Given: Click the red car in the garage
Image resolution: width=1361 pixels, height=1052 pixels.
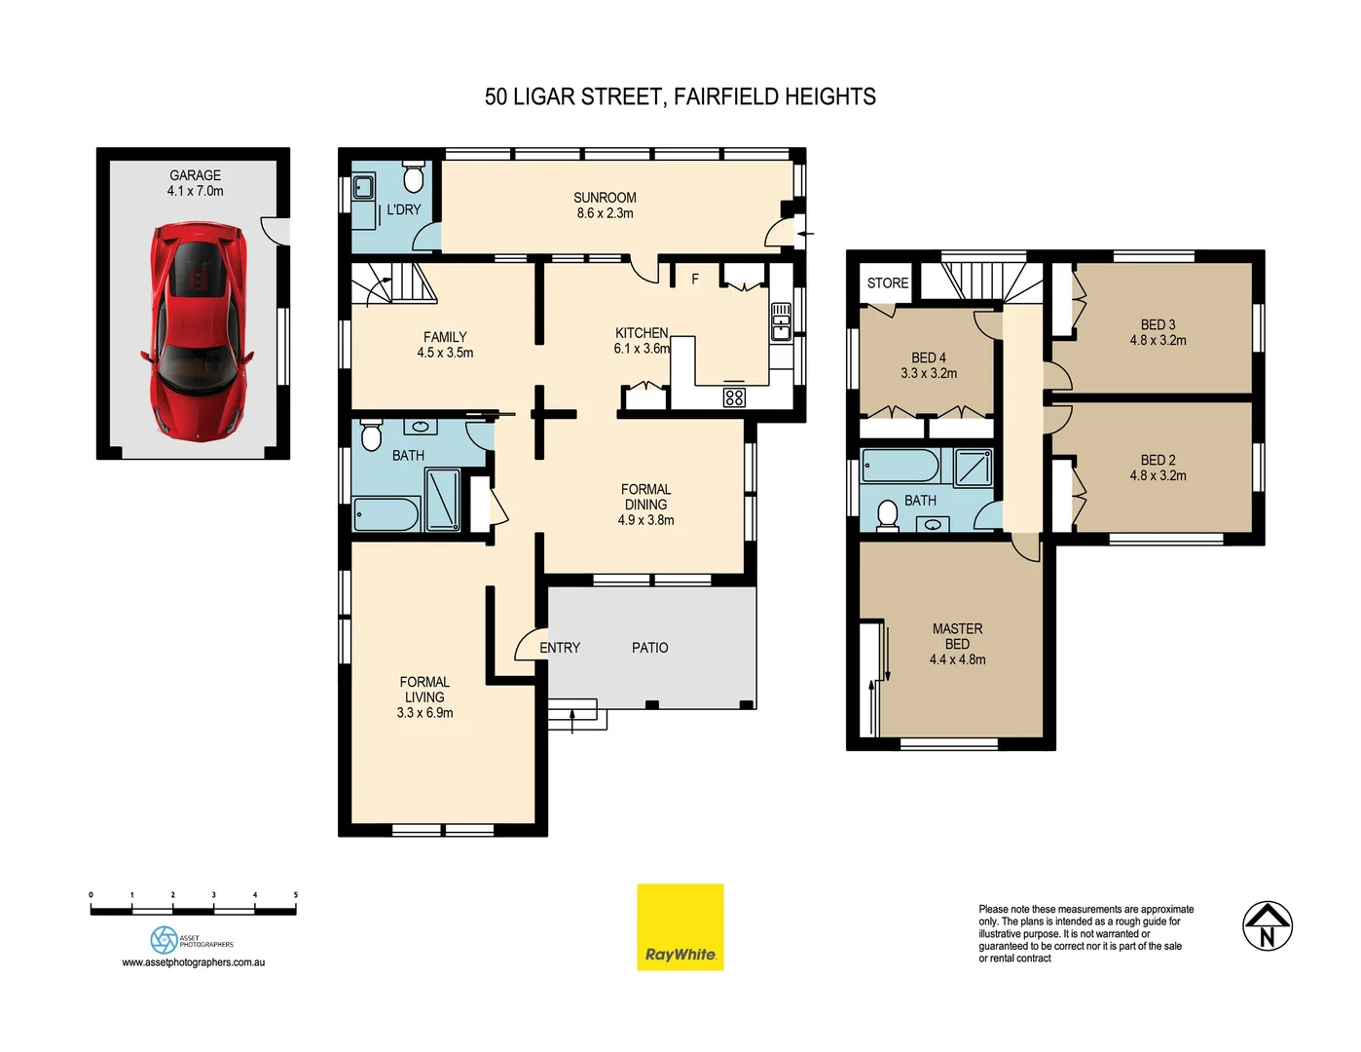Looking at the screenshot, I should pos(198,331).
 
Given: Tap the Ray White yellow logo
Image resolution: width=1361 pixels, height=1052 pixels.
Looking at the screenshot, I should pos(680,926).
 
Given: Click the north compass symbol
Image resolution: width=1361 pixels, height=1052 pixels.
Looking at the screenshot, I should pos(1267,925).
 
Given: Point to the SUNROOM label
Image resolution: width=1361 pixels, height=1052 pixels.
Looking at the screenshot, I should pos(605,198).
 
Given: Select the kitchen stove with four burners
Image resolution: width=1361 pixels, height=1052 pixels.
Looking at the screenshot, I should pos(734,396).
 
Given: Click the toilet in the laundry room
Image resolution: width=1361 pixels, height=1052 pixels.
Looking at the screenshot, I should pos(413,179).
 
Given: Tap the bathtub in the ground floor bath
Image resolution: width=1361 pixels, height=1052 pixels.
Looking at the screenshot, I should pos(386,514).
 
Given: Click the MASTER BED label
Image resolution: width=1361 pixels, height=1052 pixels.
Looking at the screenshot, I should pos(957,636).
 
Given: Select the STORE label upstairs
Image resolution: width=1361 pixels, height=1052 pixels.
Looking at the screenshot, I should pos(887,283).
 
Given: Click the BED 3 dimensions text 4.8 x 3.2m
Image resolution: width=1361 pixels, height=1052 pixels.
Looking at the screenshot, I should pos(1158,341).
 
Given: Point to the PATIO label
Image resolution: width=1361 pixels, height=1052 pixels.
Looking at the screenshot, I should pos(649,648).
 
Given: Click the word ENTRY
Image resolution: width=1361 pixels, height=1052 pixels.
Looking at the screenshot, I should pos(560,648).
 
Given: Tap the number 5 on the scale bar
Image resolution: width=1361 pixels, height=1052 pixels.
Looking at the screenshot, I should pos(295,894).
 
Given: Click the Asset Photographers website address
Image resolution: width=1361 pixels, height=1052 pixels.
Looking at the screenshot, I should pos(193,962).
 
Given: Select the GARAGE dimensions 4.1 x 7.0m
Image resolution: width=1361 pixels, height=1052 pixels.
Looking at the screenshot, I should pos(195,192).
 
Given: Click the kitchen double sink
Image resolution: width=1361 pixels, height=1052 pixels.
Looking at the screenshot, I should pos(781,321).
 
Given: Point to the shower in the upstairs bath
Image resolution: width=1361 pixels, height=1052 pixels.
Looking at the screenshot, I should pos(973,468).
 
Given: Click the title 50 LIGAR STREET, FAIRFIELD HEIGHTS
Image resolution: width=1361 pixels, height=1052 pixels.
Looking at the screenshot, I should pos(680,97).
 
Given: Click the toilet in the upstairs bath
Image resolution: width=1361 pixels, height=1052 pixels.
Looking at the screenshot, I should pos(887,514).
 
